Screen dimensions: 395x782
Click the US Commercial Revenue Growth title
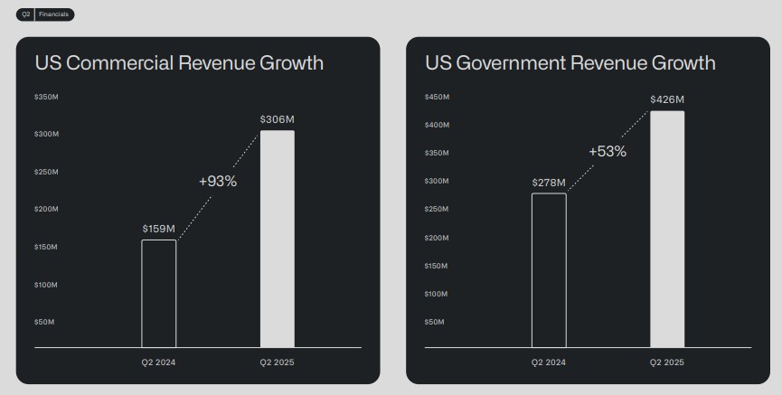[x=179, y=63]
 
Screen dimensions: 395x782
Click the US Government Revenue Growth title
[x=570, y=63]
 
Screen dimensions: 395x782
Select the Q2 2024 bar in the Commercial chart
[x=159, y=293]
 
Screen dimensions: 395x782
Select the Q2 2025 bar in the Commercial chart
[x=278, y=239]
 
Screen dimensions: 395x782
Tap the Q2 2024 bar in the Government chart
[x=549, y=269]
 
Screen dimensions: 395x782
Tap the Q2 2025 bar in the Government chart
[x=667, y=229]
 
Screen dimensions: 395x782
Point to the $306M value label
[x=278, y=119]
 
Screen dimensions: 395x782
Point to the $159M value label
[x=159, y=229]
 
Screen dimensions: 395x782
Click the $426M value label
[x=667, y=99]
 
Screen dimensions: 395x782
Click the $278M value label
[x=549, y=183]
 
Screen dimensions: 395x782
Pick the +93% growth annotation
[x=218, y=181]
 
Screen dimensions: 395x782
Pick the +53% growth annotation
[x=608, y=151]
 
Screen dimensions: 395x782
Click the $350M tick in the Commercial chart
[x=46, y=96]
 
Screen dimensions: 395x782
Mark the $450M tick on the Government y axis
[x=437, y=96]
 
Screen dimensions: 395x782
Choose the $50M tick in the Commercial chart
[x=44, y=322]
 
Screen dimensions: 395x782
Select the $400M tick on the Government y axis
[x=437, y=125]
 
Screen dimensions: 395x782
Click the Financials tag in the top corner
[x=54, y=14]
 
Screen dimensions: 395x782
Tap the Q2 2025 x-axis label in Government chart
[x=667, y=362]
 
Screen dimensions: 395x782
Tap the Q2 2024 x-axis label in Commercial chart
[x=159, y=362]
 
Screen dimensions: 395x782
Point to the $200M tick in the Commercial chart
[x=46, y=209]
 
